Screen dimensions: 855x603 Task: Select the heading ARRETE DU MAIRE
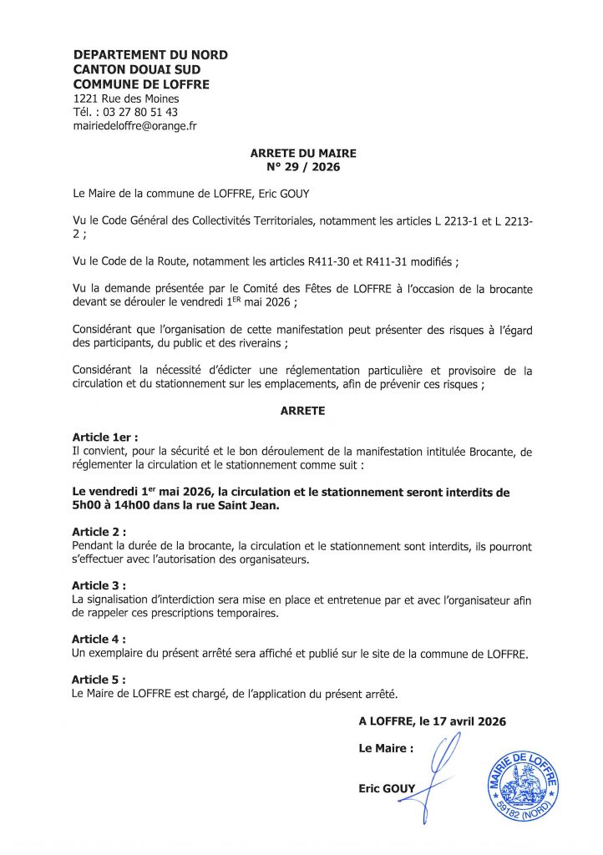click(x=303, y=154)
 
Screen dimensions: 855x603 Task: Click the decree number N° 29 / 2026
click(x=303, y=167)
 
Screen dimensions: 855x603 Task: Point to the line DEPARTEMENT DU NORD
click(x=150, y=55)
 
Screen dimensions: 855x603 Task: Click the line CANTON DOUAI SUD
click(x=137, y=70)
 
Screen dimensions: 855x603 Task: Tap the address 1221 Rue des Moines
click(x=126, y=99)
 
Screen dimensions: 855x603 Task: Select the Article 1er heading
click(x=105, y=437)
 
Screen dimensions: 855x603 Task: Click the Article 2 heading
click(x=99, y=532)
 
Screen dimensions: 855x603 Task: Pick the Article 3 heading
click(x=99, y=584)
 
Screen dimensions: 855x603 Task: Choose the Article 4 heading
click(x=99, y=639)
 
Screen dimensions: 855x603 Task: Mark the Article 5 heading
click(x=99, y=680)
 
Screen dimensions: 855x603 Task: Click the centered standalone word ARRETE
click(x=303, y=412)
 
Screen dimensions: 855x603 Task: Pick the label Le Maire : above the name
click(x=386, y=748)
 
